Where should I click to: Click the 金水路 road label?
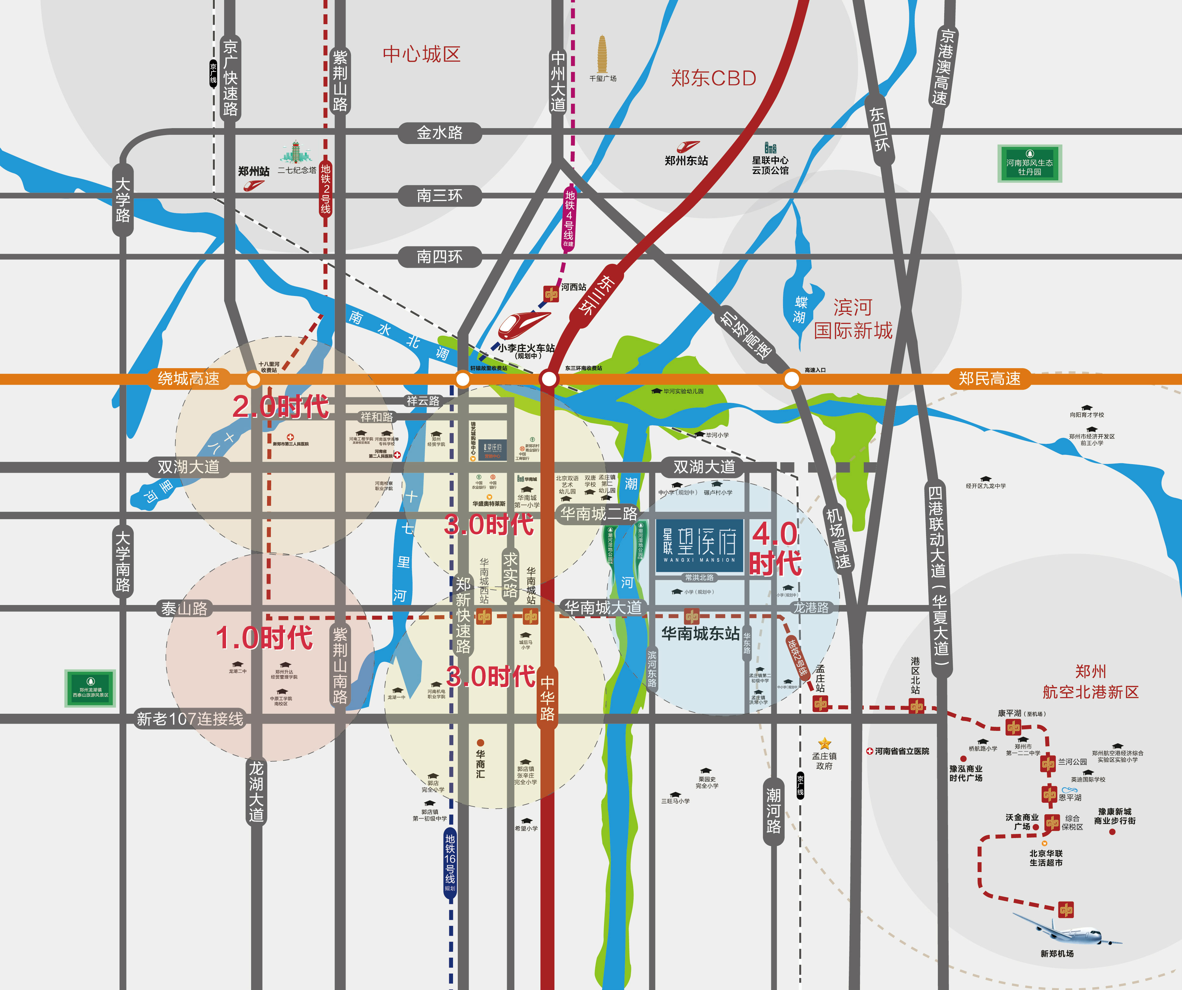[x=440, y=133]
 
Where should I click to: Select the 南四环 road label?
[x=440, y=257]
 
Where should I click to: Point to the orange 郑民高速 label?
[x=989, y=378]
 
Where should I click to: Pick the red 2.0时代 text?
[x=280, y=406]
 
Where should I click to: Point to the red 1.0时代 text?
[x=264, y=638]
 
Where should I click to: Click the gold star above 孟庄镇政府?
[x=825, y=743]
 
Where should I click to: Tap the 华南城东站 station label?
[x=700, y=634]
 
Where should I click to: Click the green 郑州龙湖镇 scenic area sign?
[x=90, y=688]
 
